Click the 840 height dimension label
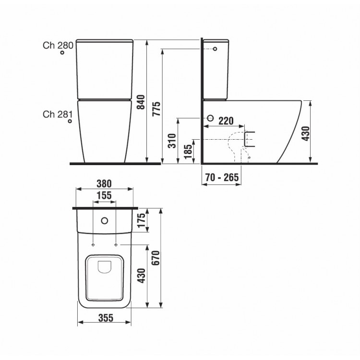point(141,102)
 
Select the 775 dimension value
point(156,108)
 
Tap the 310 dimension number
point(172,141)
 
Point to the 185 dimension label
point(188,151)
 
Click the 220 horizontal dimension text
point(226,121)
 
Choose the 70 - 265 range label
point(222,177)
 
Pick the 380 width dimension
point(104,184)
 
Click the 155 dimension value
point(104,195)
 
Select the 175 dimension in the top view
point(142,220)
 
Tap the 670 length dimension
point(156,258)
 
